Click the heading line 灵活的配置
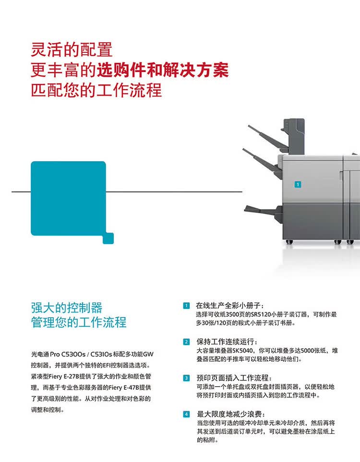tap(72, 49)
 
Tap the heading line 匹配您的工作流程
tap(96, 90)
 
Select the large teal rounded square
tap(68, 198)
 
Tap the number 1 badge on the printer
tap(298, 184)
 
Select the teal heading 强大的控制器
tap(67, 308)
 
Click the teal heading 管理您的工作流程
tap(79, 322)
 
